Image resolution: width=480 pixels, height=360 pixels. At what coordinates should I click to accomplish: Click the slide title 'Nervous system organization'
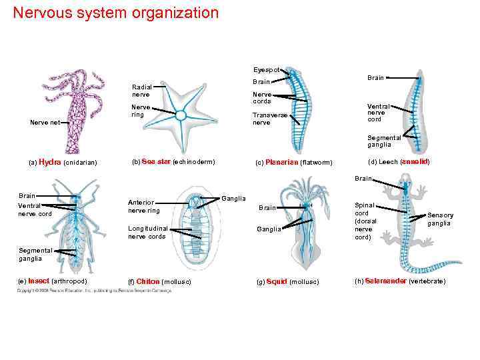pos(115,13)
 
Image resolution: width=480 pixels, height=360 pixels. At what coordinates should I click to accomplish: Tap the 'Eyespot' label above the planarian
pos(266,69)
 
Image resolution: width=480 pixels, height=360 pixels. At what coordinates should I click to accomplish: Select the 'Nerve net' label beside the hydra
pos(44,122)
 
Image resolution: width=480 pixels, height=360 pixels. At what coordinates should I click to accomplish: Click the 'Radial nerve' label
pos(141,91)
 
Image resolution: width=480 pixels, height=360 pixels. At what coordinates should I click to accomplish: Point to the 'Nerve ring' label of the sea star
pos(141,111)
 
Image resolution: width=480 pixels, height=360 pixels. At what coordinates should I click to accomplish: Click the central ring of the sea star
pos(181,115)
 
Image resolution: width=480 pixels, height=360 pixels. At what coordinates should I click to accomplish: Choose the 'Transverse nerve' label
pos(270,119)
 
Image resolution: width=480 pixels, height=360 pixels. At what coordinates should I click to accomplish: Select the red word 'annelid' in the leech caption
pos(415,162)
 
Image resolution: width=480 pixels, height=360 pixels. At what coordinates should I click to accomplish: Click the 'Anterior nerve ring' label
pos(144,207)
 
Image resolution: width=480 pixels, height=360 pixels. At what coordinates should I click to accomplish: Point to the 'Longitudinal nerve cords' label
pos(147,233)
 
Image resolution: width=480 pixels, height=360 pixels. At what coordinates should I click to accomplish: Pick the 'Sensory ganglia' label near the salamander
pos(440,219)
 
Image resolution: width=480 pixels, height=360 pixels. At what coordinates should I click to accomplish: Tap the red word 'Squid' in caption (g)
pos(277,281)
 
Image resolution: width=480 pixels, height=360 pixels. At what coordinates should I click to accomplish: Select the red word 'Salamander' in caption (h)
pos(386,281)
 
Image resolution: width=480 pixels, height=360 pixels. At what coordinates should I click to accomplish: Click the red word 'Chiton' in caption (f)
pos(148,281)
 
